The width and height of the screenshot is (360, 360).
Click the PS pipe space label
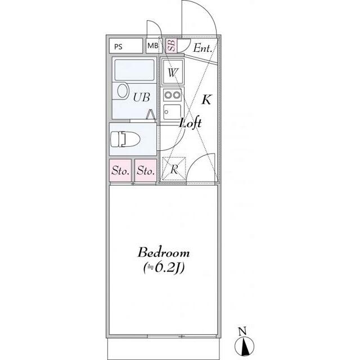pyautogui.click(x=118, y=47)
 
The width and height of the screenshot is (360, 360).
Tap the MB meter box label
pyautogui.click(x=152, y=46)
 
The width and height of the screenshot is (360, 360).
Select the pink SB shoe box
pyautogui.click(x=171, y=45)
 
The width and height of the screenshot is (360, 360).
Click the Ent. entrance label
pyautogui.click(x=202, y=48)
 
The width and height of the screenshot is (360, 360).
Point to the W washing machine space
pyautogui.click(x=173, y=72)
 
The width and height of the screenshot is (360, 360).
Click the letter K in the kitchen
pyautogui.click(x=206, y=100)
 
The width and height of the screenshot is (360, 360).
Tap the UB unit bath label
pyautogui.click(x=141, y=97)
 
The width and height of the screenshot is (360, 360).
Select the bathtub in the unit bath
pyautogui.click(x=134, y=70)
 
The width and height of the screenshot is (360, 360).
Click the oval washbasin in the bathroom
pyautogui.click(x=123, y=91)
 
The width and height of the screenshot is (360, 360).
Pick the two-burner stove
pyautogui.click(x=173, y=95)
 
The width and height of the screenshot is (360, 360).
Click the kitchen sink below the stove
pyautogui.click(x=172, y=112)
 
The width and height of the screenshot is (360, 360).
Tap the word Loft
pyautogui.click(x=191, y=123)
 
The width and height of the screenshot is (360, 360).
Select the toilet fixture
pyautogui.click(x=125, y=139)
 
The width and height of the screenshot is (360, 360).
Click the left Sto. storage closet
pyautogui.click(x=120, y=170)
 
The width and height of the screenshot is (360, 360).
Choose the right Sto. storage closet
pyautogui.click(x=146, y=170)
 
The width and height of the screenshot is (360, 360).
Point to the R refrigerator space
pyautogui.click(x=174, y=169)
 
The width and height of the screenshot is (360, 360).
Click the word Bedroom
pyautogui.click(x=164, y=253)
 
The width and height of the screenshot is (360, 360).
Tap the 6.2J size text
pyautogui.click(x=164, y=268)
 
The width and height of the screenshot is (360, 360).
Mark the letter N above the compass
pyautogui.click(x=242, y=331)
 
